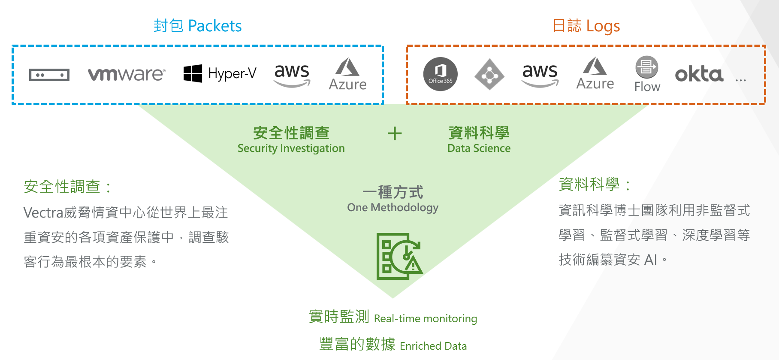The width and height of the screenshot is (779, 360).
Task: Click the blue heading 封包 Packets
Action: tap(198, 26)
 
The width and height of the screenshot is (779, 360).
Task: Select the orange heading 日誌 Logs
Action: tap(586, 26)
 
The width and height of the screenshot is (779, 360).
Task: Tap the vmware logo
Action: tap(126, 74)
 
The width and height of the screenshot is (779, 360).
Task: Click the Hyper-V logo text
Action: tap(232, 73)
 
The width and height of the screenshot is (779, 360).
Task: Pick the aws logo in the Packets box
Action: tap(292, 75)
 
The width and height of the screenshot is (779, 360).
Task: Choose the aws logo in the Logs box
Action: tap(540, 75)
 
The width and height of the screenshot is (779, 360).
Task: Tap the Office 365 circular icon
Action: tap(441, 74)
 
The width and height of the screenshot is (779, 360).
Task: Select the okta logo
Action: tap(699, 74)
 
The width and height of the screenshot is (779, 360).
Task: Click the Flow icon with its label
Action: tap(647, 74)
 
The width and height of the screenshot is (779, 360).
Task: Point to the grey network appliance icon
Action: tap(49, 75)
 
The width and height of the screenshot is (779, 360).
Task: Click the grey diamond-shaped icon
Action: tap(489, 75)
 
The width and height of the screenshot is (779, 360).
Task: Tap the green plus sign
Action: tap(395, 133)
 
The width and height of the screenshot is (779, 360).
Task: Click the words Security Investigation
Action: tap(291, 148)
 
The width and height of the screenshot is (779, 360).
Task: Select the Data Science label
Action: tap(479, 148)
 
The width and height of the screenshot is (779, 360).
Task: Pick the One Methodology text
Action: tap(393, 208)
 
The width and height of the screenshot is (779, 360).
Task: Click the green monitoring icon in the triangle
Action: tap(399, 256)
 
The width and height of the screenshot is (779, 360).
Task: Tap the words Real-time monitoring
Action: tap(425, 319)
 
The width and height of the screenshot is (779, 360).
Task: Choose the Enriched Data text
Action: tap(433, 346)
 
